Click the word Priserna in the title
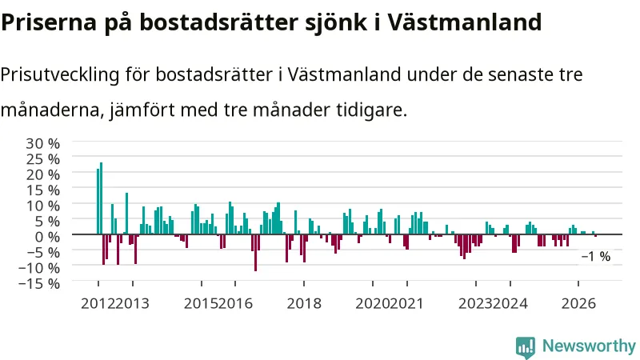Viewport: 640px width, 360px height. [x=49, y=22]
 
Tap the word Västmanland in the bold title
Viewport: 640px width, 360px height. [x=464, y=22]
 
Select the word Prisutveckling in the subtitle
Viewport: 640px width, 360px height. [x=60, y=75]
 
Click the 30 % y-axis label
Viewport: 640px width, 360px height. [x=43, y=143]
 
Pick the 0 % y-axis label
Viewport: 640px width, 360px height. [x=47, y=236]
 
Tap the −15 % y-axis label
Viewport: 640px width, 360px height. [x=39, y=283]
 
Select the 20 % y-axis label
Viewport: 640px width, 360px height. [x=43, y=174]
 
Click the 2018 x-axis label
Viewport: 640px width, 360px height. [x=304, y=304]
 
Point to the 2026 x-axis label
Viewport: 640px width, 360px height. [x=578, y=304]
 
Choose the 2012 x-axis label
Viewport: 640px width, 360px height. [x=98, y=304]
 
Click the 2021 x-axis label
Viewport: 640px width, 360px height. [x=406, y=304]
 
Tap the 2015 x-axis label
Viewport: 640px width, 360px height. [x=201, y=304]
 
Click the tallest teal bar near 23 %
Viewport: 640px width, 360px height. [x=102, y=198]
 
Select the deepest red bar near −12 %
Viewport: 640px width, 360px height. [x=255, y=253]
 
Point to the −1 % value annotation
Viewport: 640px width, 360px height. [x=596, y=256]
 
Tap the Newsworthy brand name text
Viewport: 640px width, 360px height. [x=589, y=346]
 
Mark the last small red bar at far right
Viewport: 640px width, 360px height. [x=595, y=235]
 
